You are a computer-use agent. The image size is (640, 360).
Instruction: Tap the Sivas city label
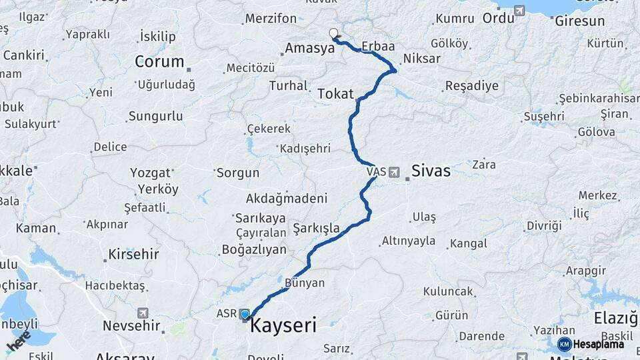pyautogui.click(x=431, y=171)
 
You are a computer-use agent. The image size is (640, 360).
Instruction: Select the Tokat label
pyautogui.click(x=335, y=94)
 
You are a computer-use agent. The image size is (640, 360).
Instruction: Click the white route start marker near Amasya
pyautogui.click(x=334, y=33)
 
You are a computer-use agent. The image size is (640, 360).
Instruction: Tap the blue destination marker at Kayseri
pyautogui.click(x=245, y=315)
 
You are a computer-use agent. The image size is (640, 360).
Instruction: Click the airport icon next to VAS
pyautogui.click(x=394, y=172)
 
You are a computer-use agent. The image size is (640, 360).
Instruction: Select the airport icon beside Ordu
pyautogui.click(x=519, y=11)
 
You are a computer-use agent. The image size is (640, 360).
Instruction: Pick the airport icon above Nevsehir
pyautogui.click(x=143, y=313)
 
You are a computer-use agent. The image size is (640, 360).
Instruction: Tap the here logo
pyautogui.click(x=19, y=340)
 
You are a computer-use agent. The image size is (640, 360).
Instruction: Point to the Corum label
pyautogui.click(x=159, y=62)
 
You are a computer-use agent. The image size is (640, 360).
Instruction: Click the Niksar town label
pyautogui.click(x=422, y=59)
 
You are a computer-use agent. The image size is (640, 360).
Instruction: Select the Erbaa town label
pyautogui.click(x=378, y=47)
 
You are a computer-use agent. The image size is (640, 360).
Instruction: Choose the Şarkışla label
pyautogui.click(x=316, y=228)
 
